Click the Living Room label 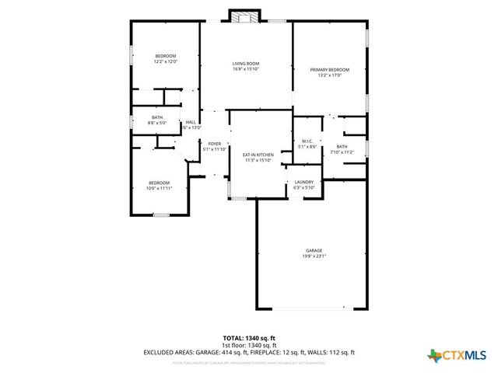[x=245, y=64]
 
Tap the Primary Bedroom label [x=329, y=70]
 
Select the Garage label [x=314, y=250]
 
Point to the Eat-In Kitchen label [x=258, y=155]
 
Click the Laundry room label [x=303, y=182]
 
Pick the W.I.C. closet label [x=307, y=141]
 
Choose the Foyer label [x=214, y=144]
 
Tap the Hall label [x=191, y=122]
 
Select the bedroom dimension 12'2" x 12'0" [x=165, y=61]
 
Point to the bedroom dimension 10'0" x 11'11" [x=160, y=188]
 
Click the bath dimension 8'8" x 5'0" [x=157, y=123]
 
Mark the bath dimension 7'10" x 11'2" [x=342, y=152]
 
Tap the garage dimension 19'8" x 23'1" [x=314, y=256]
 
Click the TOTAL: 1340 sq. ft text [x=249, y=338]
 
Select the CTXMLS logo [x=458, y=356]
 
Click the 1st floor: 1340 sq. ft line [x=249, y=345]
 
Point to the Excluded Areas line [x=249, y=352]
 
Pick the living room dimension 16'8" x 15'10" [x=245, y=69]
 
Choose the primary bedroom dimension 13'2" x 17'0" [x=329, y=75]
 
